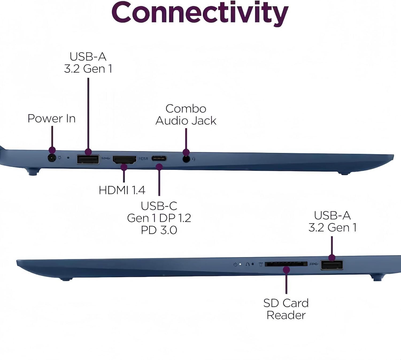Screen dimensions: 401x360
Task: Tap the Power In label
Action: (51, 118)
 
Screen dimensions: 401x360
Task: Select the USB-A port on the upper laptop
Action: (88, 159)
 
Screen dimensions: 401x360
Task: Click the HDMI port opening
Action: (125, 160)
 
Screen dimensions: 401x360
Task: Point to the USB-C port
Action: (159, 158)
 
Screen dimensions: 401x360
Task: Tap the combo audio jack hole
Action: (186, 159)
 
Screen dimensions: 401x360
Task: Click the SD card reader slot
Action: (286, 264)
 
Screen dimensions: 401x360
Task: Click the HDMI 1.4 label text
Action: (122, 190)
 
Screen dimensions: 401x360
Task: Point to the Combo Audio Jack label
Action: (186, 115)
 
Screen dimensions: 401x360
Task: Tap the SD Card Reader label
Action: (286, 309)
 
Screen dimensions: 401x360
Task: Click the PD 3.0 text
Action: (159, 230)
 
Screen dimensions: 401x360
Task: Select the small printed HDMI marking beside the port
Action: (143, 159)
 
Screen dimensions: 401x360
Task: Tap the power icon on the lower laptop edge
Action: (235, 264)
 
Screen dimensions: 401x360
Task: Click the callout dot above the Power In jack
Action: (52, 150)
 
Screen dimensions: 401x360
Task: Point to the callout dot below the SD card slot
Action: (286, 270)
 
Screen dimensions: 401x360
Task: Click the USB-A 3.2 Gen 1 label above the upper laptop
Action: (88, 63)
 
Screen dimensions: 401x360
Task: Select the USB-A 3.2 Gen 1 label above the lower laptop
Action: (333, 221)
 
